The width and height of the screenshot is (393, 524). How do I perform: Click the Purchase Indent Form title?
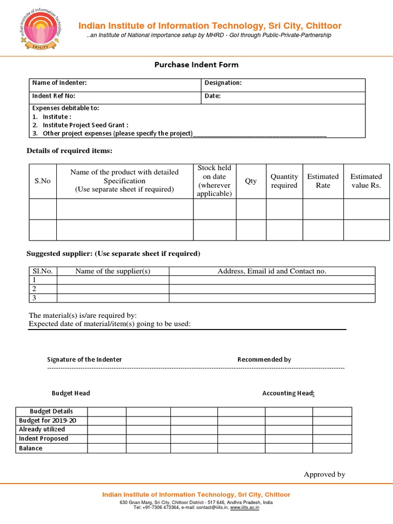point(196,65)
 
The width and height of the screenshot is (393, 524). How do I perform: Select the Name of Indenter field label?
point(59,83)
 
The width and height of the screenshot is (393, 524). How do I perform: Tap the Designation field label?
point(223,83)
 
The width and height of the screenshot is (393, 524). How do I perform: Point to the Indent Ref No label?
point(54,96)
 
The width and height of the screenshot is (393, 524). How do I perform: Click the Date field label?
point(213,96)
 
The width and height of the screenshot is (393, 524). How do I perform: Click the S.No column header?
point(42,181)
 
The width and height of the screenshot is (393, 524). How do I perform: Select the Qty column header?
point(251,181)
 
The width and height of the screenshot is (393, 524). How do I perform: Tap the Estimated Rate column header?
point(323,181)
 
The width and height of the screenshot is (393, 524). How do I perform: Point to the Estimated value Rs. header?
point(366,181)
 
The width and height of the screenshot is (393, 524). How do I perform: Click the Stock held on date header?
point(214,181)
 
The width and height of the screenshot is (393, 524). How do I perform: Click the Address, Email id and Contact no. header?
point(272,271)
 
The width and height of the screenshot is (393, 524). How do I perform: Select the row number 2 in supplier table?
point(34,289)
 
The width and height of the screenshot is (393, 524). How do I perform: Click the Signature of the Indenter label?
point(84,360)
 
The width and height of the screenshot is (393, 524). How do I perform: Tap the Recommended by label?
point(264,360)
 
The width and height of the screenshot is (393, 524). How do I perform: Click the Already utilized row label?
point(42,429)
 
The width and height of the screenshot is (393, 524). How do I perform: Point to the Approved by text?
point(324,474)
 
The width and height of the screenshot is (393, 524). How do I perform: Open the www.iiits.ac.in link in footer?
point(245,508)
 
